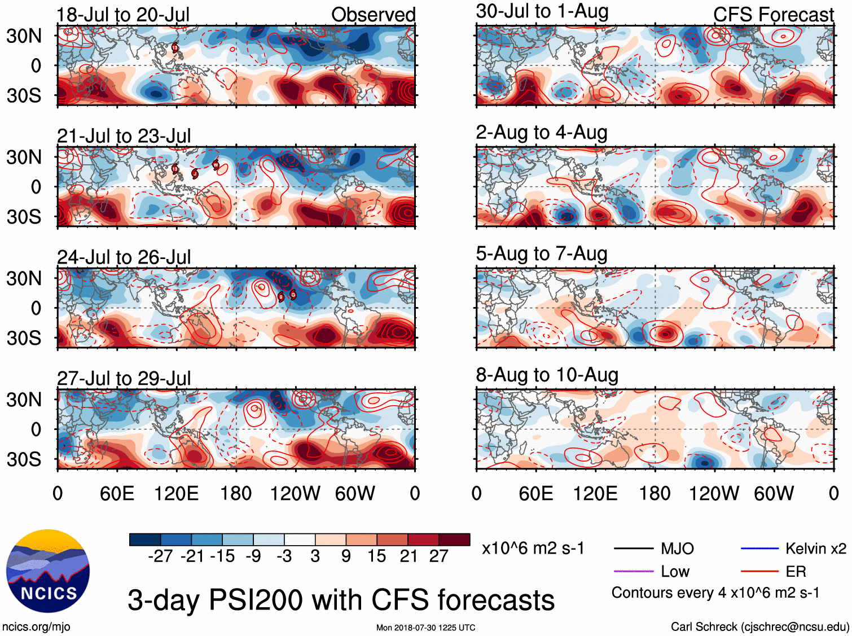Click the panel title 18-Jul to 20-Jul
(x=123, y=15)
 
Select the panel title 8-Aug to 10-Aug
(x=547, y=375)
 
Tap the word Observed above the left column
(x=373, y=15)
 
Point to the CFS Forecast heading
(x=773, y=15)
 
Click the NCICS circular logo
(x=48, y=571)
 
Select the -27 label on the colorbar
(x=160, y=556)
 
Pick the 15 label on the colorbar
(x=377, y=556)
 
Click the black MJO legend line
(x=633, y=549)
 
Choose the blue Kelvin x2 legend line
(x=759, y=549)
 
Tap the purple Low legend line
(x=633, y=572)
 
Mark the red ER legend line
(x=759, y=572)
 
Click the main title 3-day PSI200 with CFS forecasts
(x=341, y=600)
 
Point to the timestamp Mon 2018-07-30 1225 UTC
(x=425, y=628)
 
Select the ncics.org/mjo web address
(x=36, y=626)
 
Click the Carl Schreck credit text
(x=759, y=626)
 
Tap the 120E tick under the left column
(x=176, y=494)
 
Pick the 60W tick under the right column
(x=774, y=494)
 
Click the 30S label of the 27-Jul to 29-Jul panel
(x=24, y=459)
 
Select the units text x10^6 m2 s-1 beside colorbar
(x=533, y=549)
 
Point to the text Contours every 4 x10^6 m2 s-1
(x=715, y=593)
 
